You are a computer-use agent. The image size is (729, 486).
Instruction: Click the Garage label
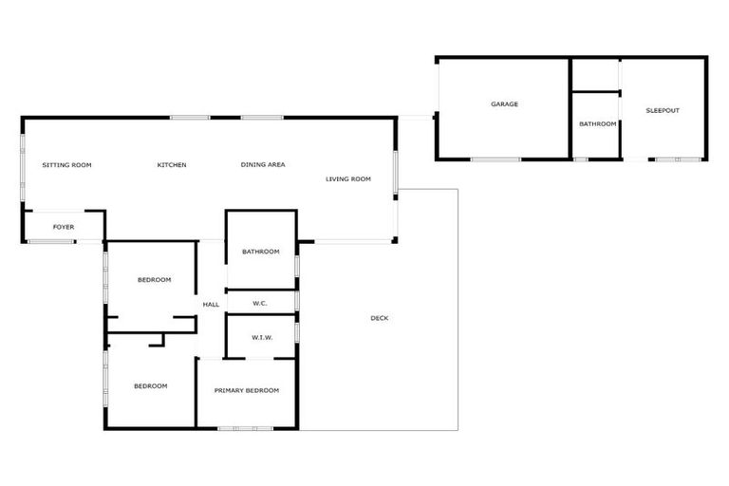pyautogui.click(x=504, y=104)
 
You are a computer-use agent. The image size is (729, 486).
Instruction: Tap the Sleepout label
pyautogui.click(x=663, y=111)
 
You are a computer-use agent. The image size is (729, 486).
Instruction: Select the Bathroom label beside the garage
pyautogui.click(x=598, y=124)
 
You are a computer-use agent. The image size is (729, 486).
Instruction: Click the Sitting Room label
pyautogui.click(x=66, y=165)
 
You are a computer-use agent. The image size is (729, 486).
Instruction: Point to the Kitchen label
pyautogui.click(x=172, y=165)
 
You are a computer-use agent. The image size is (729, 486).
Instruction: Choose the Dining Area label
pyautogui.click(x=263, y=165)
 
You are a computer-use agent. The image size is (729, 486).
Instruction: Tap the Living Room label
pyautogui.click(x=348, y=178)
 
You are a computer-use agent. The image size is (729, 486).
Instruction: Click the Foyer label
pyautogui.click(x=64, y=228)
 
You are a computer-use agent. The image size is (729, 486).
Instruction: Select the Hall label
pyautogui.click(x=211, y=305)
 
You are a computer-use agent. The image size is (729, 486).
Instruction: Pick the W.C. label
pyautogui.click(x=260, y=304)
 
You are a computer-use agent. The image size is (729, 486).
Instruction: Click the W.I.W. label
pyautogui.click(x=262, y=338)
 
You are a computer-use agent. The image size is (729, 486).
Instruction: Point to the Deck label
pyautogui.click(x=379, y=318)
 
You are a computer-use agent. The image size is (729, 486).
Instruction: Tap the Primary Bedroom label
pyautogui.click(x=247, y=391)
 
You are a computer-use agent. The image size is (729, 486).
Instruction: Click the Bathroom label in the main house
pyautogui.click(x=261, y=252)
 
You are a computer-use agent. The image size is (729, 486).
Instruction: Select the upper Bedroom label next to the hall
pyautogui.click(x=154, y=280)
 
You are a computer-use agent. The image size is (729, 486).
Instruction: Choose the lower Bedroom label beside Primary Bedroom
pyautogui.click(x=150, y=386)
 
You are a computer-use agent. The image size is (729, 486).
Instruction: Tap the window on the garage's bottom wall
pyautogui.click(x=495, y=159)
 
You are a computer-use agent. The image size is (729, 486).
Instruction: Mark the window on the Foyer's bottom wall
pyautogui.click(x=50, y=242)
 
